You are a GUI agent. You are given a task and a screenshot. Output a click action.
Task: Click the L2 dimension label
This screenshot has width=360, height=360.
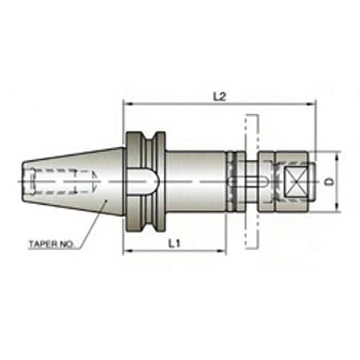pyautogui.click(x=218, y=95)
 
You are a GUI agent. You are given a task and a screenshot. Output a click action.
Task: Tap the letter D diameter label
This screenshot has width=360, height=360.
pyautogui.click(x=330, y=182)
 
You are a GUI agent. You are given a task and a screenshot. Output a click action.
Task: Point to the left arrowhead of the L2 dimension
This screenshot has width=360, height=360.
pyautogui.click(x=126, y=103)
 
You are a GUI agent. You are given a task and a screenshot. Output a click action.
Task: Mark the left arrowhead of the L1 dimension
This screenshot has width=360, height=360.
pyautogui.click(x=126, y=251)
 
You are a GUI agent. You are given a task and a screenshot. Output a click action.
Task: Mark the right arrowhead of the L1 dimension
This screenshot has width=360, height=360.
pyautogui.click(x=223, y=251)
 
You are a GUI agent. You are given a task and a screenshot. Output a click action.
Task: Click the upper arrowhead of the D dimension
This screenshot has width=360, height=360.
pyautogui.click(x=335, y=154)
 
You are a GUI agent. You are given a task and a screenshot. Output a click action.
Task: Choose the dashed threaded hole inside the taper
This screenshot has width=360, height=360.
pyautogui.click(x=56, y=182)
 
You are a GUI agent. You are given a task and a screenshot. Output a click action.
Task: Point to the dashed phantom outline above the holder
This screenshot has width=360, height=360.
pyautogui.click(x=250, y=133)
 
